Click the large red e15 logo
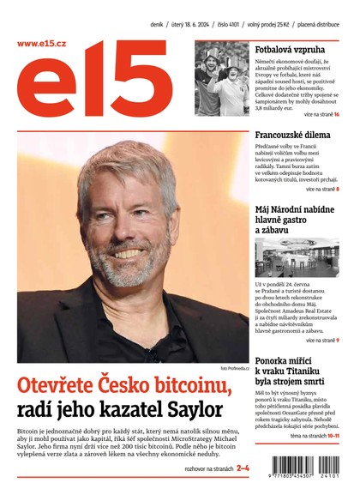point(94,91)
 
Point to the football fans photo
point(221,78)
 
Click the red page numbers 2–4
point(243,468)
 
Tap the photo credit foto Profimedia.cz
point(234,368)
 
